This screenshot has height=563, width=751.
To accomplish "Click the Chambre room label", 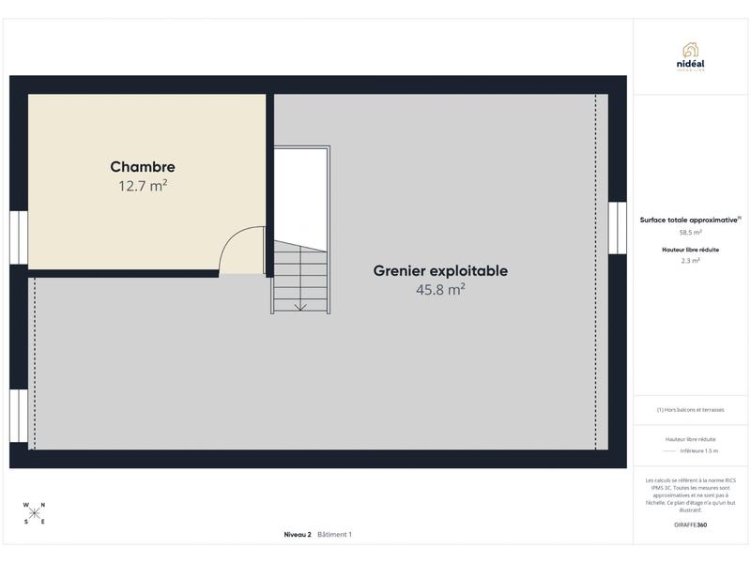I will click(143, 167).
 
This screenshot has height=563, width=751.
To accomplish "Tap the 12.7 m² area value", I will click(143, 186).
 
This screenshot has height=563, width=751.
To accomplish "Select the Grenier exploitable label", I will click(440, 271).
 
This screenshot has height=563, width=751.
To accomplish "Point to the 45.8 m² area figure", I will click(440, 291).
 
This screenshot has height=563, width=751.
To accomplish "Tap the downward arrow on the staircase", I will click(300, 304).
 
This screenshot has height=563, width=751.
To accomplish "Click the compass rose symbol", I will click(35, 512).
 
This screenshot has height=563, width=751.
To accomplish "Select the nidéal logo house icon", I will click(691, 49).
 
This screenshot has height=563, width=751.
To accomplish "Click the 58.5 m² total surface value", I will click(691, 232).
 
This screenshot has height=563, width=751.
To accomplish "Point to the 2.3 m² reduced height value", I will click(691, 261).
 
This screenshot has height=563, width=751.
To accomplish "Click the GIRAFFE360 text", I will click(691, 525).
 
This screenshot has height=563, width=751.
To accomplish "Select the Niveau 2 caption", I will click(298, 535).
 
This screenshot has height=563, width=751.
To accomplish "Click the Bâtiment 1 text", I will click(334, 535).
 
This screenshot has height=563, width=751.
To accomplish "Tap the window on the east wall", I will click(617, 228).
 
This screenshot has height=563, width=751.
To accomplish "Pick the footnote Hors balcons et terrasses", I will click(691, 410).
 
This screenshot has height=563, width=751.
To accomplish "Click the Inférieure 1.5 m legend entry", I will click(698, 450).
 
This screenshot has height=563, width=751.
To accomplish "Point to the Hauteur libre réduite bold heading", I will click(691, 250).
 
